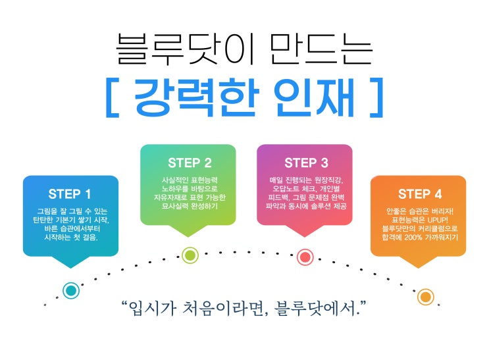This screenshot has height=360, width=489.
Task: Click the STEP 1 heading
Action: [x=70, y=194]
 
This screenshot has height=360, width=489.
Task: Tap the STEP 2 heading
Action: [x=190, y=163]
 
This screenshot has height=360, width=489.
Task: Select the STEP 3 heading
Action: [x=306, y=163]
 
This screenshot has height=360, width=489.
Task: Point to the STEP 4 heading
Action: [x=420, y=194]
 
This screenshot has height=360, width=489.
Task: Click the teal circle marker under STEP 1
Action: [x=71, y=290]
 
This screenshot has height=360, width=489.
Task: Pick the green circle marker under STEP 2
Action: [x=190, y=255]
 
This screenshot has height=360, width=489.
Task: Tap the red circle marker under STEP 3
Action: [x=305, y=257]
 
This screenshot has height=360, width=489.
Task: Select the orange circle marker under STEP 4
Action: [x=426, y=297]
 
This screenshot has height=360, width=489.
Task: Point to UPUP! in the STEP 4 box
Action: [x=434, y=219]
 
